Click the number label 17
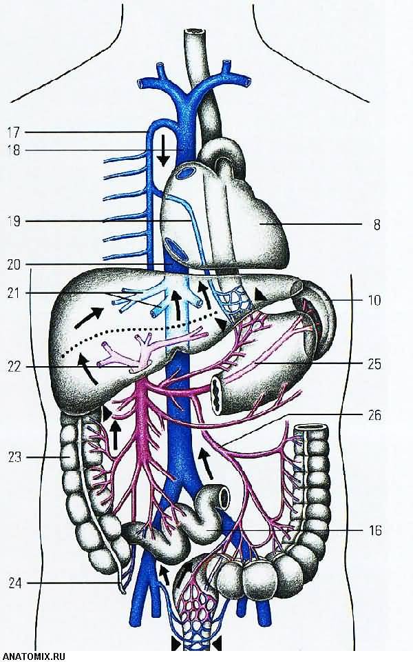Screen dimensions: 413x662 click(x=13, y=132)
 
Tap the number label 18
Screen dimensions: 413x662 click(x=13, y=150)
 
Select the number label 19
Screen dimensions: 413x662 click(x=14, y=221)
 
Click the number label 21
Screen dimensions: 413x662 click(x=14, y=293)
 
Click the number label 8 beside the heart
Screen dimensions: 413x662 click(x=377, y=225)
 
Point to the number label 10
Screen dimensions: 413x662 click(x=374, y=300)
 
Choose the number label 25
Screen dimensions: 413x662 click(x=374, y=364)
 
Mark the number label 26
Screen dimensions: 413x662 click(x=374, y=415)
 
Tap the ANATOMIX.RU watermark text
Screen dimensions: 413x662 click(x=33, y=656)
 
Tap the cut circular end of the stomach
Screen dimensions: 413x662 click(x=218, y=394)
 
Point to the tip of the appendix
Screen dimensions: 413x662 click(x=123, y=592)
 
